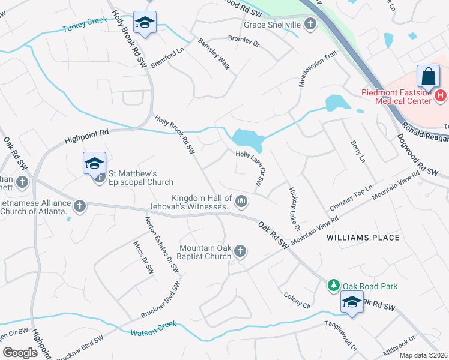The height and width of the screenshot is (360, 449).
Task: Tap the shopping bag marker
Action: pos(428,77)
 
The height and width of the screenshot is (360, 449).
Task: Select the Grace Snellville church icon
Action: pos(310,25)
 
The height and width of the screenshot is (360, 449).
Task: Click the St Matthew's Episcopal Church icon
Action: pos(100,177)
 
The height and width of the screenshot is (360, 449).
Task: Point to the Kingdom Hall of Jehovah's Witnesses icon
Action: pos(241,201)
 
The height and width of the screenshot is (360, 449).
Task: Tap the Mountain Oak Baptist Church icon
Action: pos(240,251)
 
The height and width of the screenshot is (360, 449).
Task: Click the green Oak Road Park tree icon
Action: pos(333,285)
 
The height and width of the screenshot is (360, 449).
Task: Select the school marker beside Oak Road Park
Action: pos(352,302)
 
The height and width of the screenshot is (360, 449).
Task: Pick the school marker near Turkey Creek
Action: pos(145,23)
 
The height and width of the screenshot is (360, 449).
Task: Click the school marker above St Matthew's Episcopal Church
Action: pos(94,163)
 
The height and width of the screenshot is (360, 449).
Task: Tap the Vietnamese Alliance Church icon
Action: pos(79,206)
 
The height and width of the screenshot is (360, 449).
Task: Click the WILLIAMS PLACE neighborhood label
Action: pos(363,238)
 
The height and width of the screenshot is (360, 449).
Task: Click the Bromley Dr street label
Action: pos(243,41)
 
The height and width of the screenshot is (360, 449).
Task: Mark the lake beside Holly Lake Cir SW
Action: pos(247,140)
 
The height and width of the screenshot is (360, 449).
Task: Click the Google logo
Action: pos(20,353)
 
